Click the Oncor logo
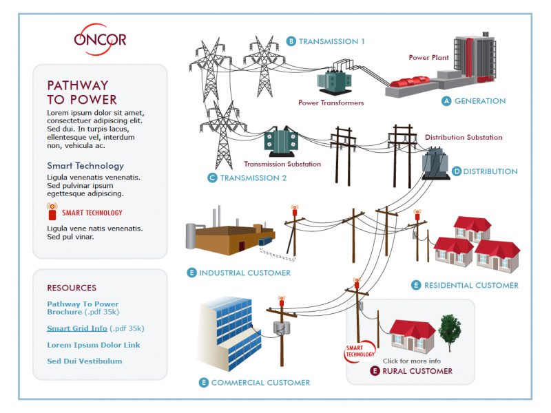tap(100, 36)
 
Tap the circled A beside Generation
tap(446, 101)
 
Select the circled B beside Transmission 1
tap(291, 41)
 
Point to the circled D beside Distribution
tap(457, 171)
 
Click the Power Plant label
tap(428, 58)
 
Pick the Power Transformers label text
tap(331, 103)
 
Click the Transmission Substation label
tap(282, 164)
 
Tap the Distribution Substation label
tap(464, 138)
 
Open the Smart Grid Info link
tap(77, 328)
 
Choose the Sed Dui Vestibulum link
tap(85, 361)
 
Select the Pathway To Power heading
tap(82, 92)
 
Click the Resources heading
tap(72, 288)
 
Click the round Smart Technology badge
tap(360, 352)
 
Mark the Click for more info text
tap(412, 361)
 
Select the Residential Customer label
tap(471, 285)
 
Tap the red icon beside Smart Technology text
tap(52, 212)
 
